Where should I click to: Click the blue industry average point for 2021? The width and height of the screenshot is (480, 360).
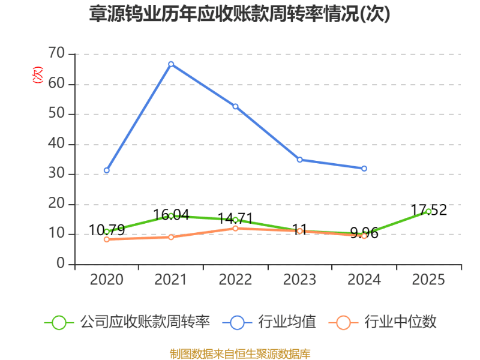pyautogui.click(x=171, y=64)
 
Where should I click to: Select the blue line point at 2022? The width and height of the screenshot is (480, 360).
pyautogui.click(x=235, y=106)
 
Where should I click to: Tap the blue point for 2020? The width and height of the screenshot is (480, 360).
pyautogui.click(x=107, y=170)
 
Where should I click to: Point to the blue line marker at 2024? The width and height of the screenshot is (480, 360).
pyautogui.click(x=364, y=169)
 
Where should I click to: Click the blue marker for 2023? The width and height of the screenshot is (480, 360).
pyautogui.click(x=299, y=159)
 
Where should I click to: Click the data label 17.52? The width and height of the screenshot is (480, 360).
pyautogui.click(x=428, y=210)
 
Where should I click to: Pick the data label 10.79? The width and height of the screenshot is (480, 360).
pyautogui.click(x=107, y=230)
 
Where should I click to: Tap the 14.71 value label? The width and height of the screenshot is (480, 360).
pyautogui.click(x=235, y=218)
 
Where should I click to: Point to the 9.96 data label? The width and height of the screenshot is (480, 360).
pyautogui.click(x=364, y=233)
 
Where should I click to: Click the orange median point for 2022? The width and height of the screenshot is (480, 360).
pyautogui.click(x=235, y=228)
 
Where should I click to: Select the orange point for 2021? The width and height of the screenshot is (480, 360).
pyautogui.click(x=171, y=237)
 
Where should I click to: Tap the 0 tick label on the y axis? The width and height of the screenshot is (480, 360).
pyautogui.click(x=61, y=263)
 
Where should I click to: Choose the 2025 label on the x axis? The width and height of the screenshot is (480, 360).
pyautogui.click(x=428, y=280)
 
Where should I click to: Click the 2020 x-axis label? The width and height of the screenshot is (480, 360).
pyautogui.click(x=107, y=280)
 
